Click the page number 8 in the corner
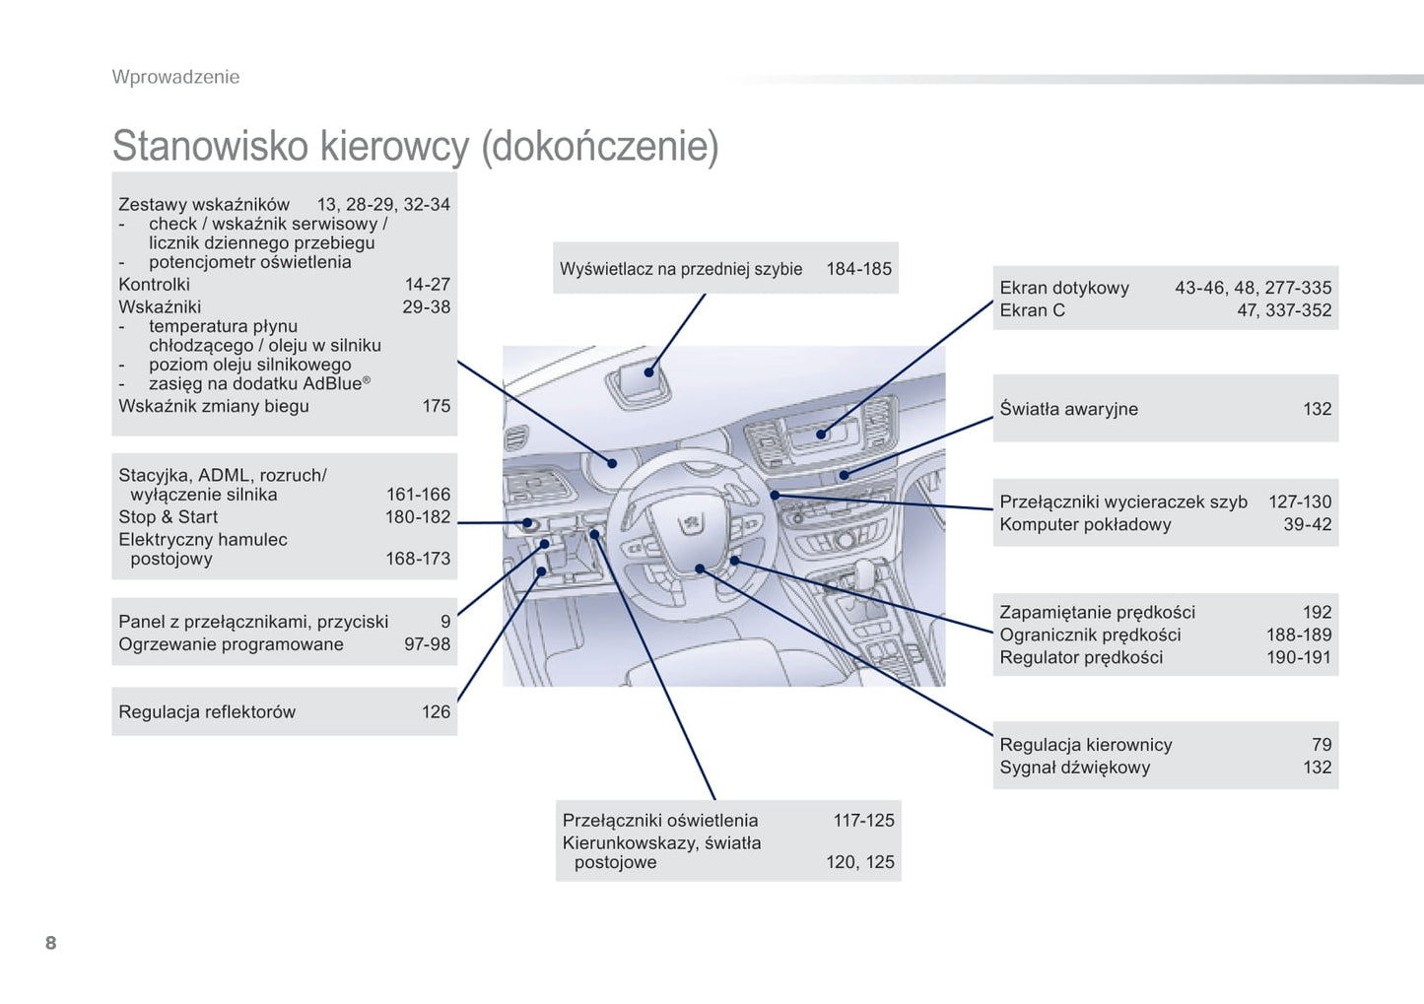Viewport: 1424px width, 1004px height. pyautogui.click(x=50, y=943)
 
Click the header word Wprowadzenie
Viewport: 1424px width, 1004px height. pyautogui.click(x=175, y=77)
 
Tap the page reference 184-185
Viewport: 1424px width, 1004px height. pyautogui.click(x=858, y=269)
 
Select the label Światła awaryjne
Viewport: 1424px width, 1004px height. pyautogui.click(x=1068, y=409)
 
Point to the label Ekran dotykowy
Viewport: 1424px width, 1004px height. pyautogui.click(x=1064, y=288)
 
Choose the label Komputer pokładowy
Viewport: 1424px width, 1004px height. pyautogui.click(x=1085, y=524)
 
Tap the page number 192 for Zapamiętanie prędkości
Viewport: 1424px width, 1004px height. pyautogui.click(x=1317, y=612)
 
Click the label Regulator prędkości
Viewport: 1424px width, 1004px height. pyautogui.click(x=1081, y=657)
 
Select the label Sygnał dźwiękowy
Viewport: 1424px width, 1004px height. pyautogui.click(x=1074, y=768)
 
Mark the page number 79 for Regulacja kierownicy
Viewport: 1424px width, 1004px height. pyautogui.click(x=1322, y=745)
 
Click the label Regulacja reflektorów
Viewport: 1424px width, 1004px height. pyautogui.click(x=207, y=711)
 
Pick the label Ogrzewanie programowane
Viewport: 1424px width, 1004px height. pyautogui.click(x=231, y=644)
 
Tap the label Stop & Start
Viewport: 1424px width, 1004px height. pyautogui.click(x=168, y=517)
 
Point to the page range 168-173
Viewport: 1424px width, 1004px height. pyautogui.click(x=418, y=559)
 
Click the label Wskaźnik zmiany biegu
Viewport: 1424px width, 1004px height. pyautogui.click(x=214, y=406)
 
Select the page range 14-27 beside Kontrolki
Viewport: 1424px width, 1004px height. pyautogui.click(x=427, y=285)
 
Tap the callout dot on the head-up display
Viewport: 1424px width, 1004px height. pyautogui.click(x=649, y=372)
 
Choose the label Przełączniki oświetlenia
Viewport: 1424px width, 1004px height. pyautogui.click(x=660, y=821)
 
